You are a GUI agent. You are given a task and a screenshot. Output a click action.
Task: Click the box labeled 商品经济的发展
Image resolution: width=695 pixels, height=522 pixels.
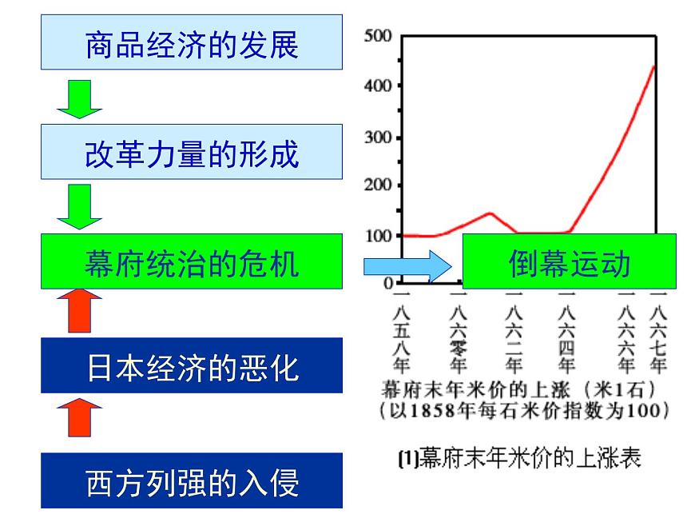click(192, 45)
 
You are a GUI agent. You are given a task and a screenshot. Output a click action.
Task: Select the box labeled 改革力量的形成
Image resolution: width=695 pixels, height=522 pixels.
click(192, 153)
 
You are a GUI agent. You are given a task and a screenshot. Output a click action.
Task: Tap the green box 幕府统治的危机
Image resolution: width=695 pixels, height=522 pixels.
click(192, 261)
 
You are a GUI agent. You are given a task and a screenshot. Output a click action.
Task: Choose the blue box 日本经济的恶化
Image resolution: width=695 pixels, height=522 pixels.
click(192, 368)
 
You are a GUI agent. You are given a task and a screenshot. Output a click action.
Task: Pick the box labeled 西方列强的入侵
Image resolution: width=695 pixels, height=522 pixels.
click(192, 482)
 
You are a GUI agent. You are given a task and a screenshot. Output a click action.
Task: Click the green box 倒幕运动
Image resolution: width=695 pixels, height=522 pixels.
click(569, 261)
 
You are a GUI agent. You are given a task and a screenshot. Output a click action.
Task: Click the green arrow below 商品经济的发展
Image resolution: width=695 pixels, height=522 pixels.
click(80, 97)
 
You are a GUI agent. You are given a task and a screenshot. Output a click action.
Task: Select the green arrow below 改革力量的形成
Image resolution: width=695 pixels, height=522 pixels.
click(80, 205)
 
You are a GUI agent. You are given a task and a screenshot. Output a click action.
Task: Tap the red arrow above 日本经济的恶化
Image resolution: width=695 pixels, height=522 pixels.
click(80, 311)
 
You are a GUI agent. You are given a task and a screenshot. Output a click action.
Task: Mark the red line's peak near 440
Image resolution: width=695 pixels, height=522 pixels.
click(653, 66)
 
